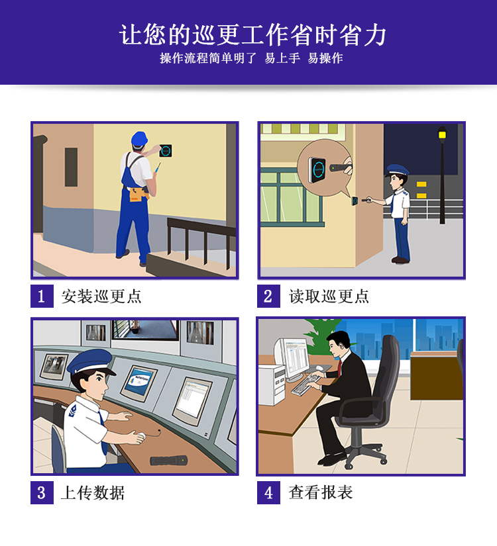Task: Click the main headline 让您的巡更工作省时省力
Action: (x=252, y=35)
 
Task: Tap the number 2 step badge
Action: (x=268, y=296)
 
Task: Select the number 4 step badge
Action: (x=268, y=492)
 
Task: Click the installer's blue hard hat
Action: (x=139, y=138)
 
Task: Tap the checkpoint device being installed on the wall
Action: (x=166, y=151)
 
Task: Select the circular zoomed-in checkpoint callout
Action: (x=324, y=167)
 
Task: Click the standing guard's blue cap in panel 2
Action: (x=396, y=170)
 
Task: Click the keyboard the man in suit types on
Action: (x=305, y=383)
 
